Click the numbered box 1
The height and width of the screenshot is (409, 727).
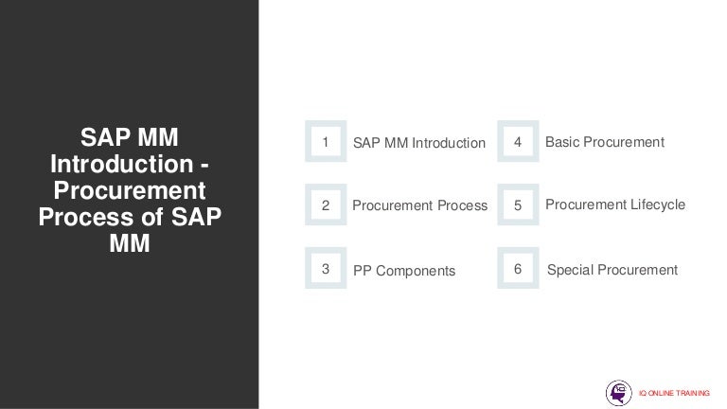(x=326, y=142)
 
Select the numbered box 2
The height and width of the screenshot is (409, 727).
(x=326, y=204)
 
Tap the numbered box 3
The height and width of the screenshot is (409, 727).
(x=326, y=269)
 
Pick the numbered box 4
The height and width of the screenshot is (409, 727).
(x=518, y=142)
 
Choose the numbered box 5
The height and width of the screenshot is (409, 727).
(x=518, y=204)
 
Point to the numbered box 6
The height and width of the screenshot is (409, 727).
(x=518, y=269)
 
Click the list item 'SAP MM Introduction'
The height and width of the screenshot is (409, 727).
(x=418, y=143)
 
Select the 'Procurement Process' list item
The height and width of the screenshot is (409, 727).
(x=419, y=205)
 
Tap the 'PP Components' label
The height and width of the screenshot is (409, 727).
(x=404, y=271)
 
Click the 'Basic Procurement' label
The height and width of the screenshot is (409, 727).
(x=605, y=142)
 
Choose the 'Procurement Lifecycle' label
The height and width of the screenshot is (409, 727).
(x=615, y=204)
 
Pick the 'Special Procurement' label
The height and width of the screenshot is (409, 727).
(x=612, y=270)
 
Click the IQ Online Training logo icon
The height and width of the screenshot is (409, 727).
(x=619, y=392)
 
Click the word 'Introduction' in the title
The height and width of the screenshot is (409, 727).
(x=121, y=164)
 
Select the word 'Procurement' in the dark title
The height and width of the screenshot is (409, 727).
(x=130, y=190)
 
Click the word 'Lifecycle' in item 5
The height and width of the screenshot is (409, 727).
(x=655, y=204)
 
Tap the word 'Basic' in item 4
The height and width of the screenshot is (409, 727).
(x=563, y=142)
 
